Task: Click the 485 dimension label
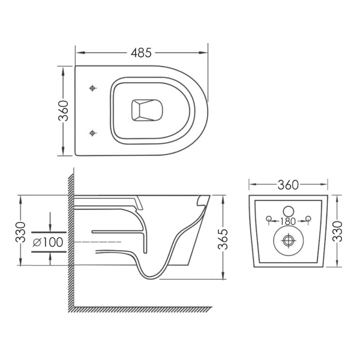click(x=141, y=53)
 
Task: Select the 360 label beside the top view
click(x=64, y=110)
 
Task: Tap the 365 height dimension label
click(x=223, y=239)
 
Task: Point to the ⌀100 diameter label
click(x=48, y=242)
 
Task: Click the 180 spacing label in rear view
click(x=288, y=221)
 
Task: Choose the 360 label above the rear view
click(x=288, y=185)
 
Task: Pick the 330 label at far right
click(x=337, y=232)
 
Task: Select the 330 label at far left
click(x=20, y=232)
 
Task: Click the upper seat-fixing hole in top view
click(x=92, y=88)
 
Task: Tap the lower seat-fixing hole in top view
click(x=92, y=133)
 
